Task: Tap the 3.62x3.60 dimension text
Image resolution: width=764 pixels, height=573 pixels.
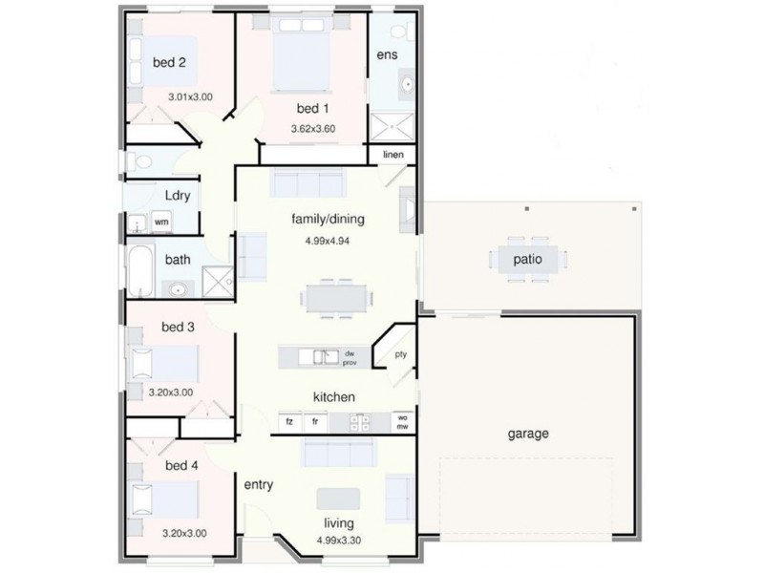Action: pyautogui.click(x=313, y=128)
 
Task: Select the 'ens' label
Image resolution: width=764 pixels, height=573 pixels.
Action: pyautogui.click(x=386, y=54)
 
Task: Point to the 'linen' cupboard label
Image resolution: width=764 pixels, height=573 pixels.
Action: pyautogui.click(x=393, y=155)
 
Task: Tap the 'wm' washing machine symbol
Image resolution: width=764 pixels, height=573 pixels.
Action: pyautogui.click(x=161, y=222)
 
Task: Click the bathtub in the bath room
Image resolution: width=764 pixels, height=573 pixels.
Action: pyautogui.click(x=140, y=272)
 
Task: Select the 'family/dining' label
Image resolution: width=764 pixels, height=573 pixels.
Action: pyautogui.click(x=329, y=219)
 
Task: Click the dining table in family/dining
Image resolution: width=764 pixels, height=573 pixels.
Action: pyautogui.click(x=337, y=297)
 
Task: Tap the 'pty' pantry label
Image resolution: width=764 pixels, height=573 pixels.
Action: pyautogui.click(x=401, y=355)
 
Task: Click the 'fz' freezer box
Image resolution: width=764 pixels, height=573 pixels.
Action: pyautogui.click(x=287, y=420)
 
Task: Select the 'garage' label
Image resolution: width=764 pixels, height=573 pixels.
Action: pyautogui.click(x=527, y=434)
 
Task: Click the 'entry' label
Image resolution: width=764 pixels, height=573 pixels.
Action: pyautogui.click(x=259, y=485)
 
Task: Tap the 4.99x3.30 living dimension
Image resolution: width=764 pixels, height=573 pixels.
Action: pyautogui.click(x=338, y=541)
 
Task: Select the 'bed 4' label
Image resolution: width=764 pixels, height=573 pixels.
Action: pyautogui.click(x=181, y=466)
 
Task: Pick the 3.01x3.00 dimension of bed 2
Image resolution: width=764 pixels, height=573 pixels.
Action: pyautogui.click(x=190, y=97)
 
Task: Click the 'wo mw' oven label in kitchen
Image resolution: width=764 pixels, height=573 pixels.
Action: pyautogui.click(x=403, y=420)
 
